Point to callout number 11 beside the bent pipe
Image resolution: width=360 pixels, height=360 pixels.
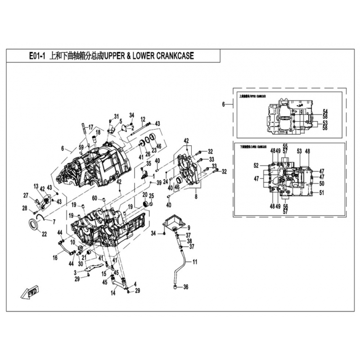point(195,261)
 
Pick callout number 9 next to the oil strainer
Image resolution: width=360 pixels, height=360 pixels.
point(189,227)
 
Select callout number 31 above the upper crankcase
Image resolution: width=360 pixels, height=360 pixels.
point(116,117)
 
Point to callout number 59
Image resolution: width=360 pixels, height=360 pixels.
point(81,147)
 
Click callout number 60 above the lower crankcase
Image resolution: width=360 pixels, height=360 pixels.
point(94,198)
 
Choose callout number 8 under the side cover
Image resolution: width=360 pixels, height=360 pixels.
point(196,197)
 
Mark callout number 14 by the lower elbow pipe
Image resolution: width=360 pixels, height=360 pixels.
point(113,293)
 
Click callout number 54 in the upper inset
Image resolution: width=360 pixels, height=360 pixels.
point(325,111)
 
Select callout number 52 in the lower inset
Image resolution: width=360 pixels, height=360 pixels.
point(256,166)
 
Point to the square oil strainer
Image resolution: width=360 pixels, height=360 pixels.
point(173,222)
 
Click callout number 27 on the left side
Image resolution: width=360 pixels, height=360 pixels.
point(26,195)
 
